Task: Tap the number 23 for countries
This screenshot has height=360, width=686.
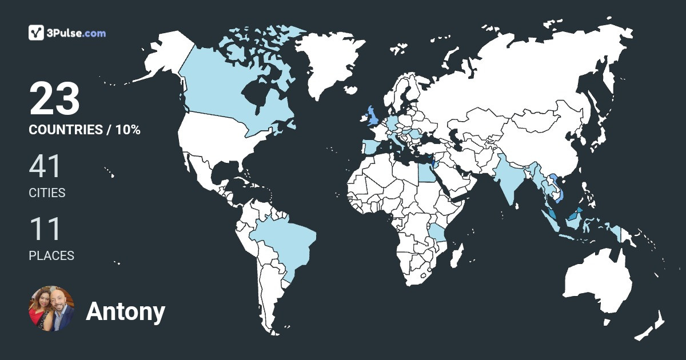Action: point(54,99)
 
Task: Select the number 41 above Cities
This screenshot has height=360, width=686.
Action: point(45,166)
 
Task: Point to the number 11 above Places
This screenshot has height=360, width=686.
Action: point(45,229)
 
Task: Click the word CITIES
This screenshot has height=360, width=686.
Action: point(47,193)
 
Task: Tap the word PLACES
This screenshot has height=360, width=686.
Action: point(51,256)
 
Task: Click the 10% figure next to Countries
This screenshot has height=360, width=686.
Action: point(128,130)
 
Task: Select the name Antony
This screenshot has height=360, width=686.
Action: point(125,312)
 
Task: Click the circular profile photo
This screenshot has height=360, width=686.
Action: point(51,309)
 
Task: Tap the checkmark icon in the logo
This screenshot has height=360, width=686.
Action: point(36,33)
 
